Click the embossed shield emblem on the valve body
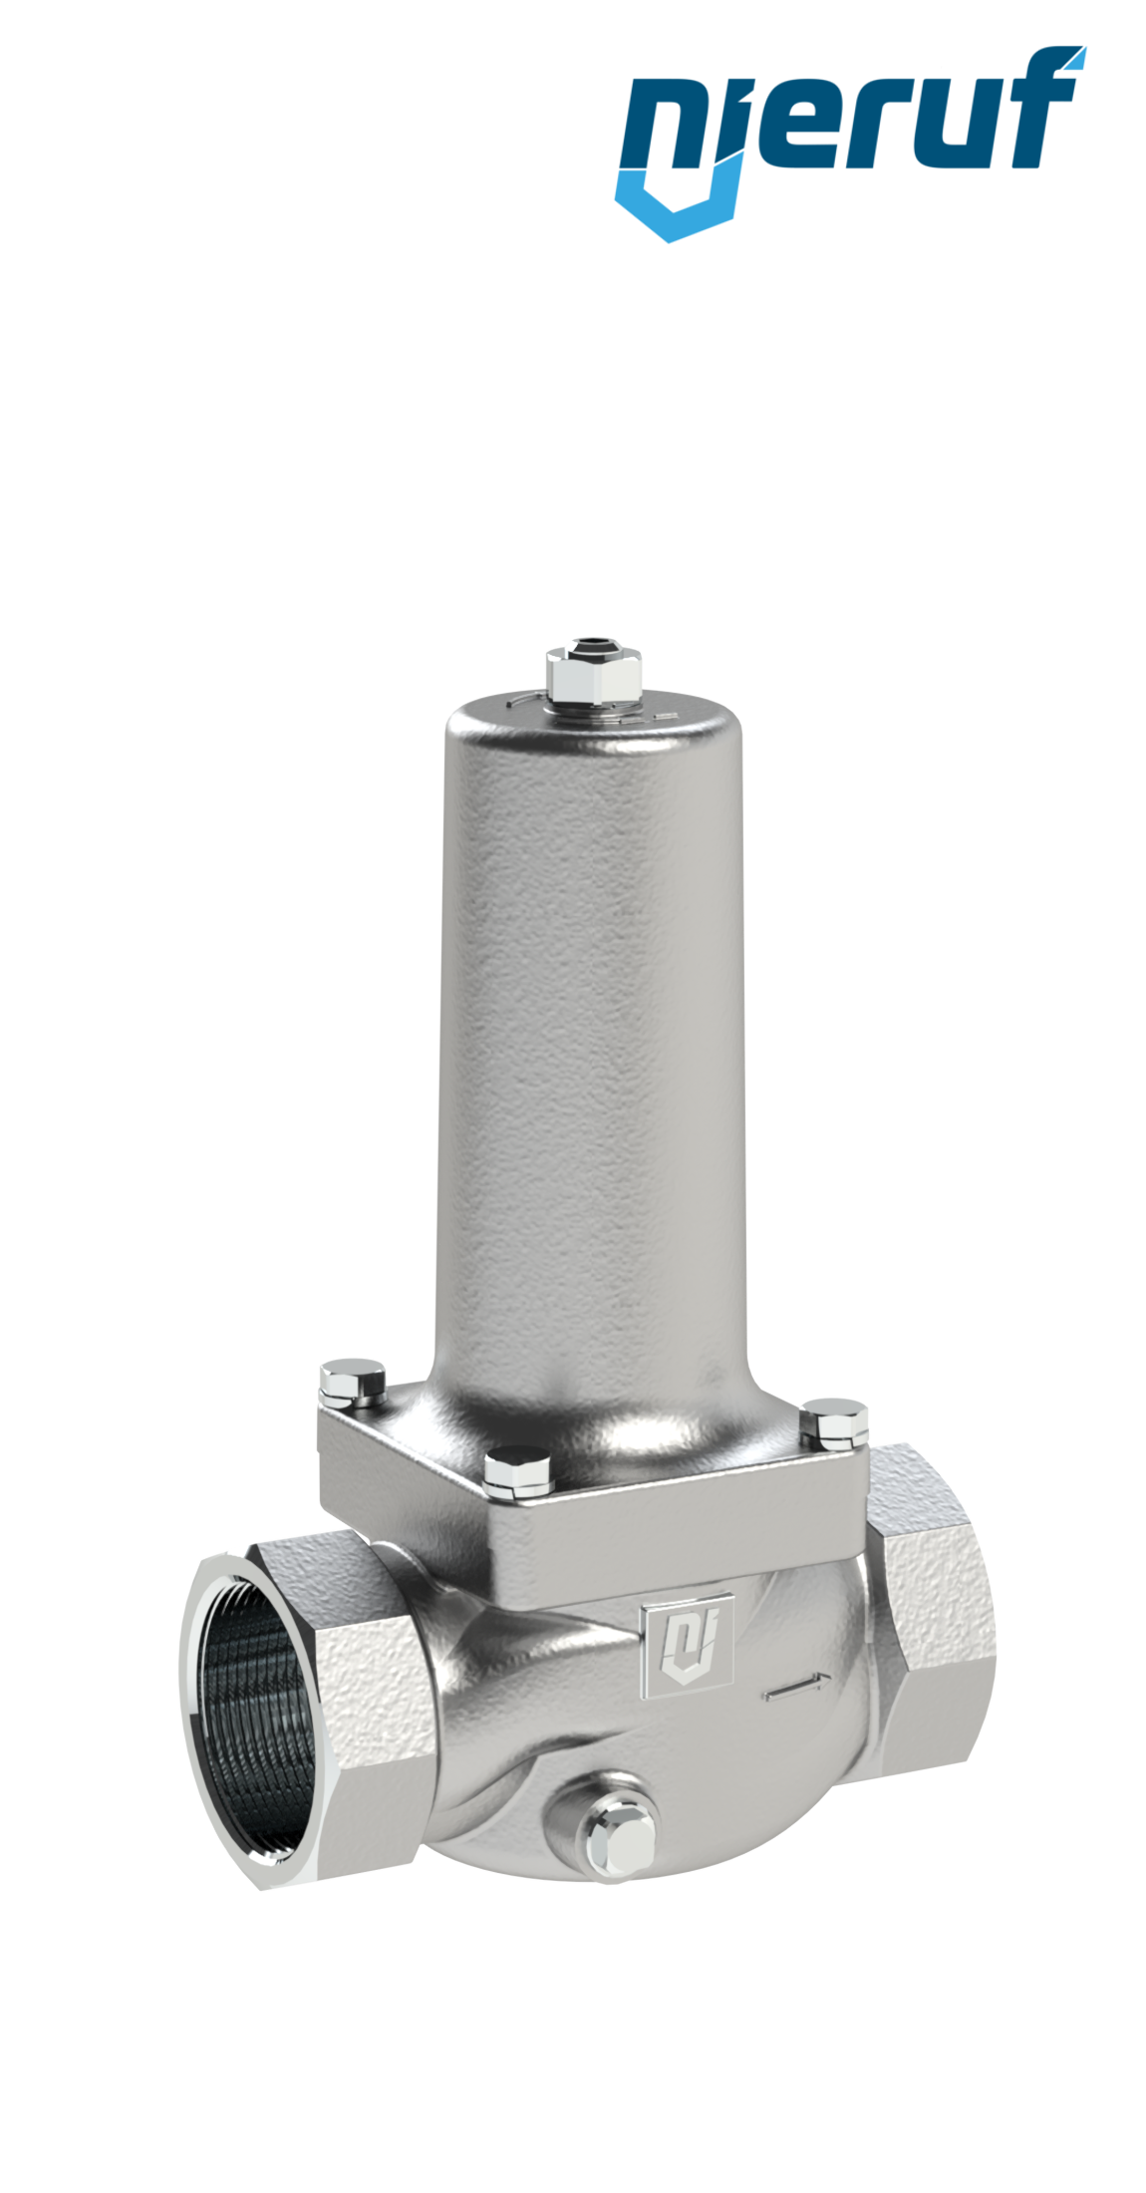click(689, 1644)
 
